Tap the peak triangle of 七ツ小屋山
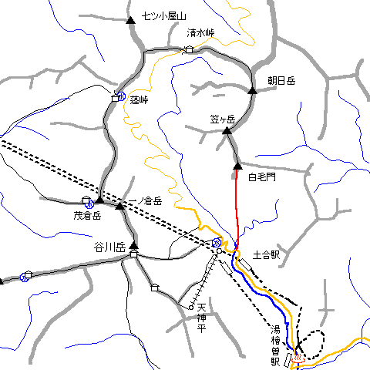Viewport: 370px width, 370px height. [131, 19]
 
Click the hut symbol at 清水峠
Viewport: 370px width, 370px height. [189, 50]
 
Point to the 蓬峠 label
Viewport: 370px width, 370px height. [139, 99]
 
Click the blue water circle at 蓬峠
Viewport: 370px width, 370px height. [122, 96]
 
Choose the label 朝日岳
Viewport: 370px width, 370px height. [281, 80]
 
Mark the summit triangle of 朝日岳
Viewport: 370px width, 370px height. [252, 92]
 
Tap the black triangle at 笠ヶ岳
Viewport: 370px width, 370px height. [227, 132]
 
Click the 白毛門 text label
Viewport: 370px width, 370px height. [261, 177]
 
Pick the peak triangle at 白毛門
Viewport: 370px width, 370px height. [237, 164]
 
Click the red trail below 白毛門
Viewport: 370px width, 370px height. [236, 200]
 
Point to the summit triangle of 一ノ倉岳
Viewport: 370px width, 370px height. [119, 206]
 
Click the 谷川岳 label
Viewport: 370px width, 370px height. [109, 247]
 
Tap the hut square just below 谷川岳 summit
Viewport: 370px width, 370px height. [133, 254]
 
